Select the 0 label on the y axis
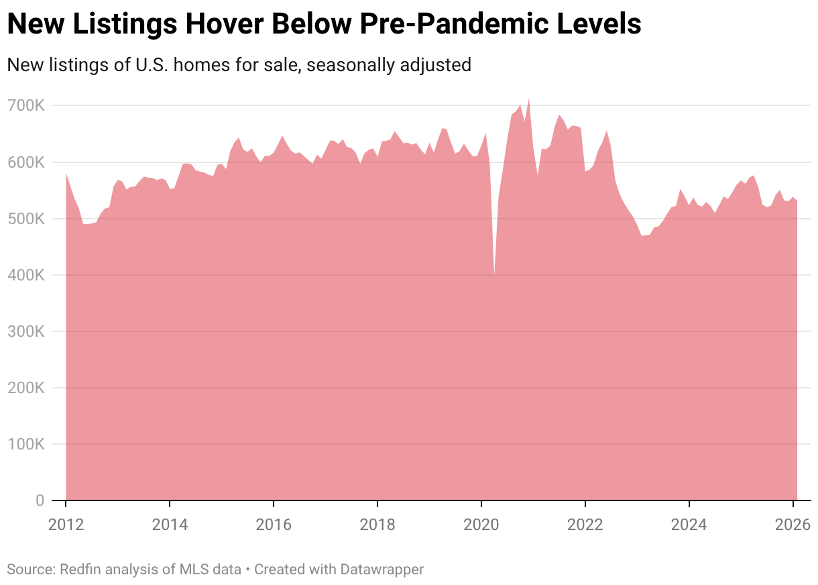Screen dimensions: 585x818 coord(40,500)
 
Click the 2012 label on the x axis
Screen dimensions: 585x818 coord(66,524)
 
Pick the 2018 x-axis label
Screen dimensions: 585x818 coord(377,524)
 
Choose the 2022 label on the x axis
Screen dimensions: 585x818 coord(585,524)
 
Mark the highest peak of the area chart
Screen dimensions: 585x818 coord(529,98)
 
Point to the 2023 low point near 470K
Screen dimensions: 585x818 coord(642,235)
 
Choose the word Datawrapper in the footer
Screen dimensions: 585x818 coord(381,570)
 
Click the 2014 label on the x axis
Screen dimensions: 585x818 coord(170,524)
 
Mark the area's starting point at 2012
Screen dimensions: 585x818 coord(66,173)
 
